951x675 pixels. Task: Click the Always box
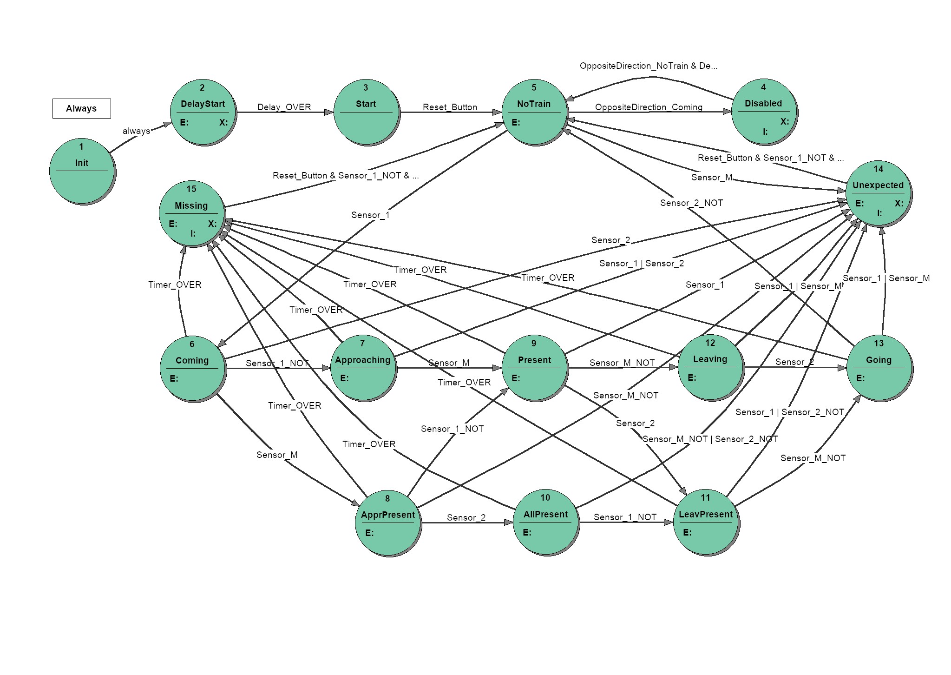click(81, 108)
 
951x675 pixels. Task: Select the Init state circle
click(82, 172)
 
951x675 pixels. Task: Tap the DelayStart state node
click(203, 112)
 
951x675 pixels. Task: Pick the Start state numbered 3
click(366, 112)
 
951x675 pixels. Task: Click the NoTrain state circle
click(535, 112)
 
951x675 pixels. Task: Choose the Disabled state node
click(764, 112)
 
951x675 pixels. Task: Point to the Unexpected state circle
click(879, 194)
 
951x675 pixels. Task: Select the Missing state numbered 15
click(192, 214)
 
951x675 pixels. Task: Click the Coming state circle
click(193, 369)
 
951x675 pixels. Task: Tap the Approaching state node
click(363, 368)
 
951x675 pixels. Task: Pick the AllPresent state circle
click(546, 523)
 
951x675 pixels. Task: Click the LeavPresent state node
click(706, 523)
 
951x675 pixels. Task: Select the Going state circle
click(879, 368)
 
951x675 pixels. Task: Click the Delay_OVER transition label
click(284, 107)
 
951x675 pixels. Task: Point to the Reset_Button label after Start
click(450, 107)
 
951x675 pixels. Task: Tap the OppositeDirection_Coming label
click(649, 107)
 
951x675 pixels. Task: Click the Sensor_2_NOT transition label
click(691, 203)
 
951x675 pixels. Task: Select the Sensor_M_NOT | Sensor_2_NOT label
click(710, 439)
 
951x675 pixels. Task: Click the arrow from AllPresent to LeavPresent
click(626, 523)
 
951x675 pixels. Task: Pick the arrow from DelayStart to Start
click(285, 112)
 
